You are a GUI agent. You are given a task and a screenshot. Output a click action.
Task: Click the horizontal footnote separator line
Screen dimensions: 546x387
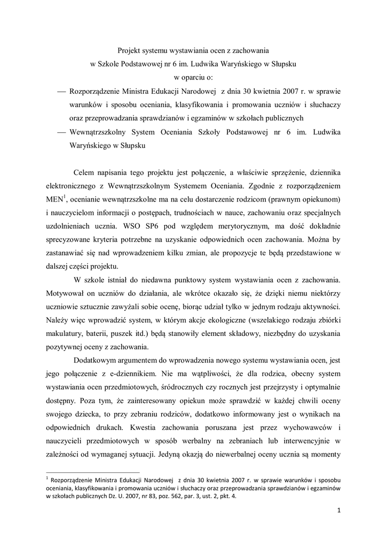tap(93, 472)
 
